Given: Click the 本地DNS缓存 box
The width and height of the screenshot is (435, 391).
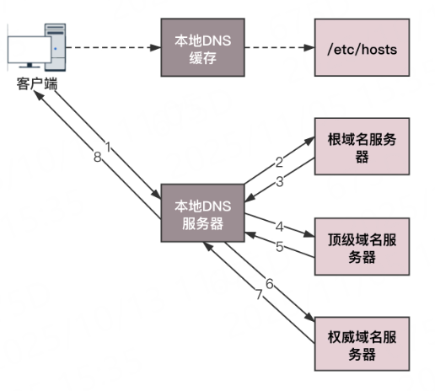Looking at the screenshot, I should pos(201,50).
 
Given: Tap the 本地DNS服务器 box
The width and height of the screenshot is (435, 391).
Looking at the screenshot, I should pos(201,215).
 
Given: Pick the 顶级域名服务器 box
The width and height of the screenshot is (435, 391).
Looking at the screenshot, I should pos(362,247).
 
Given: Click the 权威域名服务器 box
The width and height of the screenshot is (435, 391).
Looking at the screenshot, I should pos(362,344).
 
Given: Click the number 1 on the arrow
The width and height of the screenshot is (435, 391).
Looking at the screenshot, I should pos(107,147).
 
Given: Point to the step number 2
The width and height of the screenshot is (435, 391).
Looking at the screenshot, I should pos(277,161).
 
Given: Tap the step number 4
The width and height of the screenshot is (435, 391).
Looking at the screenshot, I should pos(279,227).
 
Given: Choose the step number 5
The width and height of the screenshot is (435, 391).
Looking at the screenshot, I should pos(279,246).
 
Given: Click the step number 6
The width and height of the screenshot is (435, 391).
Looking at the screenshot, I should pos(270,284).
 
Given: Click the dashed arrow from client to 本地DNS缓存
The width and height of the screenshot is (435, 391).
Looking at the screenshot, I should pos(114,49).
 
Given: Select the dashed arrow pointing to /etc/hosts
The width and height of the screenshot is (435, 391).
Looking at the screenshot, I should pos(277,49).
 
